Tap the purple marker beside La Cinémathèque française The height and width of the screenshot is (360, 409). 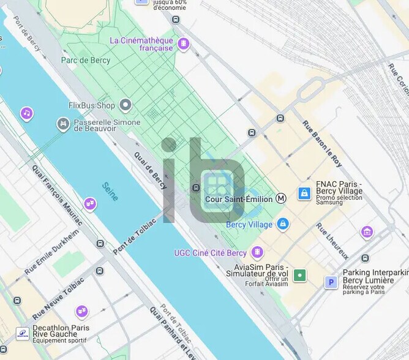(183, 43)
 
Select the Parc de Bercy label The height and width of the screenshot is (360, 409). (85, 60)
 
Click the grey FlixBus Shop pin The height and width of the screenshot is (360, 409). (126, 105)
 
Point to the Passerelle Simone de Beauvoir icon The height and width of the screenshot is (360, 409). (62, 124)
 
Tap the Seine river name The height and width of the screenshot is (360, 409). (110, 192)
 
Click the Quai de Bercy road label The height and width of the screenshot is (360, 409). (150, 170)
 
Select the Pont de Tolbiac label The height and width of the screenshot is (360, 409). (132, 236)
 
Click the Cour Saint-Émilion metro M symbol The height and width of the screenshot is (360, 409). (281, 198)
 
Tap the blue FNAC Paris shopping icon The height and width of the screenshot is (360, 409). (304, 193)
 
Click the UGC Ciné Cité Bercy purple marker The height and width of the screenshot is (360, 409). (257, 252)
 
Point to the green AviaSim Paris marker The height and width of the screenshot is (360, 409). (299, 275)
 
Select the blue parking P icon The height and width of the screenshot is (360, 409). (331, 282)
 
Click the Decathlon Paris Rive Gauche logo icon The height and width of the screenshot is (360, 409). (22, 333)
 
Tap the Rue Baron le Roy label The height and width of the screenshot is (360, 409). (322, 143)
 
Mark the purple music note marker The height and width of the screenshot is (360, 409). (26, 113)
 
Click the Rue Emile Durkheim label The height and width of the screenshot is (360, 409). (52, 252)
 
